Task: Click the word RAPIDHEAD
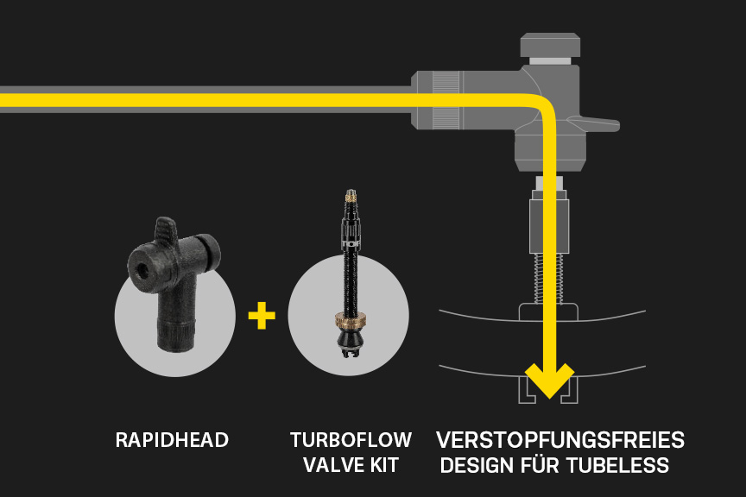point(172,440)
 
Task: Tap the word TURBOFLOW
point(351,440)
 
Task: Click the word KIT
point(383,465)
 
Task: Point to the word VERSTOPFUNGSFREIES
point(559,440)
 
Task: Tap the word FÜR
point(541,466)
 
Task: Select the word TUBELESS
point(617,466)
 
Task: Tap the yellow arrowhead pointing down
point(550,381)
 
